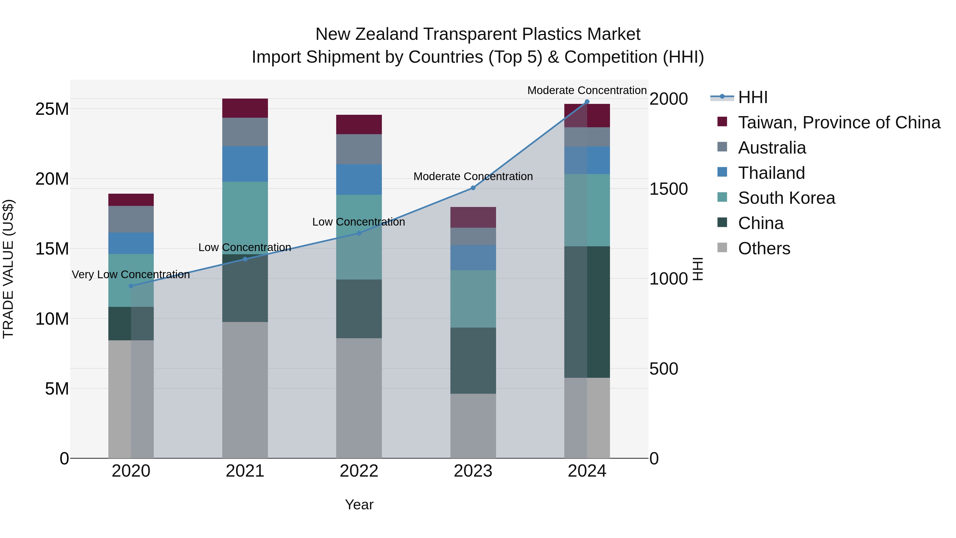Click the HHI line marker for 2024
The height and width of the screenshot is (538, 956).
(x=587, y=102)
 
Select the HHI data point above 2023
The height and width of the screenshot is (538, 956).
(x=473, y=188)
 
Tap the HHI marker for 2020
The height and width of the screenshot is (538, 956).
(x=131, y=286)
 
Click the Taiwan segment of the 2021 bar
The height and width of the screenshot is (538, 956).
(x=245, y=108)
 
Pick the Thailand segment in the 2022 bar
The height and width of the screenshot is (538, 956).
(x=359, y=179)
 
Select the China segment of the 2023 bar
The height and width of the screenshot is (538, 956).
(x=473, y=360)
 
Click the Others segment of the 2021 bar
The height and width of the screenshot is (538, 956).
(x=245, y=390)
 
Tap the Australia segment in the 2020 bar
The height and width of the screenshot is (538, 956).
(x=131, y=219)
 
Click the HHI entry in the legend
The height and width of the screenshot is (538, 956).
(x=753, y=97)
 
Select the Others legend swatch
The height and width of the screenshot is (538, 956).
(x=722, y=247)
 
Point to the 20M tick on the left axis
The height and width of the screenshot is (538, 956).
(x=52, y=179)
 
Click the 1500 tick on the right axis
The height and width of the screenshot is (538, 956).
(x=668, y=189)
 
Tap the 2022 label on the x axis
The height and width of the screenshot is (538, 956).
(x=359, y=471)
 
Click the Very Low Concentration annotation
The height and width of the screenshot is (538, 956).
(x=131, y=274)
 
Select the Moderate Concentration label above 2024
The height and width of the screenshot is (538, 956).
(x=587, y=90)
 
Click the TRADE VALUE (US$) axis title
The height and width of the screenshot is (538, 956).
(x=8, y=269)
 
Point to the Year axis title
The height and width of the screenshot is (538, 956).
(x=359, y=505)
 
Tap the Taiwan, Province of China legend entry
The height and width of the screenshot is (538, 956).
(x=839, y=122)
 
